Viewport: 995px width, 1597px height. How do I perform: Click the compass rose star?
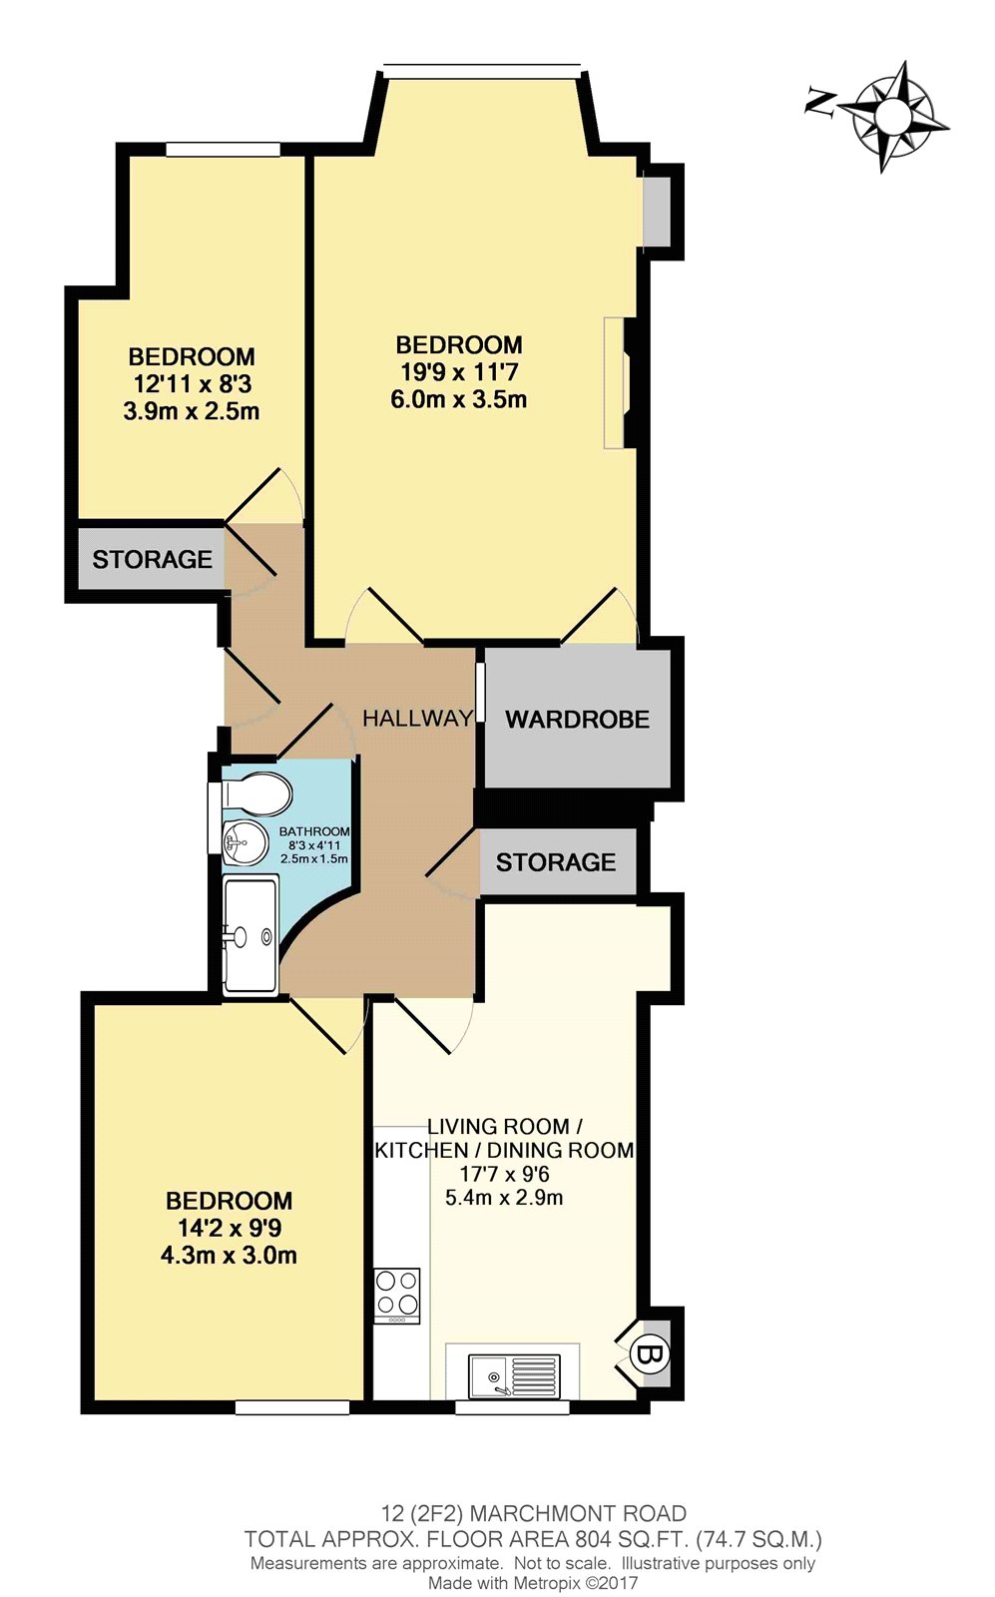pos(894,116)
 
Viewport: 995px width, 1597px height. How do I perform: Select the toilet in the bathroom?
pos(255,793)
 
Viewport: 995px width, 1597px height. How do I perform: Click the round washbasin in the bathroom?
pos(245,843)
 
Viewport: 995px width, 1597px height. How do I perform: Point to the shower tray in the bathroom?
pos(249,935)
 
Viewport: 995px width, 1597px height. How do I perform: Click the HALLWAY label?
pos(418,718)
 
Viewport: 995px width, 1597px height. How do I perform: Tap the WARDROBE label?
pos(577,720)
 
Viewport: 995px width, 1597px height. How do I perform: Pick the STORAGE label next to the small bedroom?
pos(153,559)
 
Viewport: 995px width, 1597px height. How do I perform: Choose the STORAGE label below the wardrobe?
pos(556,862)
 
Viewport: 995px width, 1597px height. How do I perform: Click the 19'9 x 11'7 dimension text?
pos(459,371)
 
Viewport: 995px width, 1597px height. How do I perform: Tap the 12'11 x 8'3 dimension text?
pos(193,384)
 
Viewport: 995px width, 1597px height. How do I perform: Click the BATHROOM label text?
pos(314,831)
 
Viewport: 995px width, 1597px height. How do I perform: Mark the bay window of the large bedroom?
pos(482,69)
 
